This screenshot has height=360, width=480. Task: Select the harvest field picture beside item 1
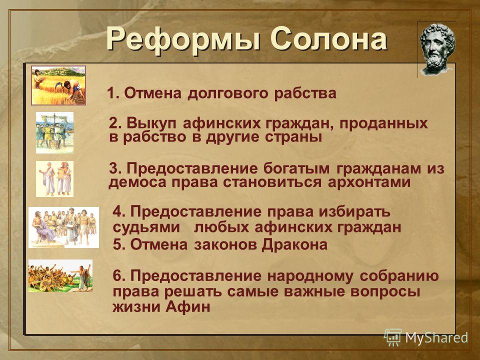point(58,85)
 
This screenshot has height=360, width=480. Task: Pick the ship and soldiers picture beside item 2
point(55,132)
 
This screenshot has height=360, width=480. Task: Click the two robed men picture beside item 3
point(55,179)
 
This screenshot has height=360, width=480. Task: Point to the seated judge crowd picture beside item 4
point(63,227)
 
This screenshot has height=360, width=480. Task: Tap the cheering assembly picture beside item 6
point(60,275)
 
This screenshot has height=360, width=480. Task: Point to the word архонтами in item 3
point(369,182)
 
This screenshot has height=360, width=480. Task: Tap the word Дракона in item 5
point(294,245)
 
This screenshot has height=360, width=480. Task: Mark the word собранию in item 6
point(399,276)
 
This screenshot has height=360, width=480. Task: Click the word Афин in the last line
point(188,306)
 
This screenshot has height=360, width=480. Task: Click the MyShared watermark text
point(437,337)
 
